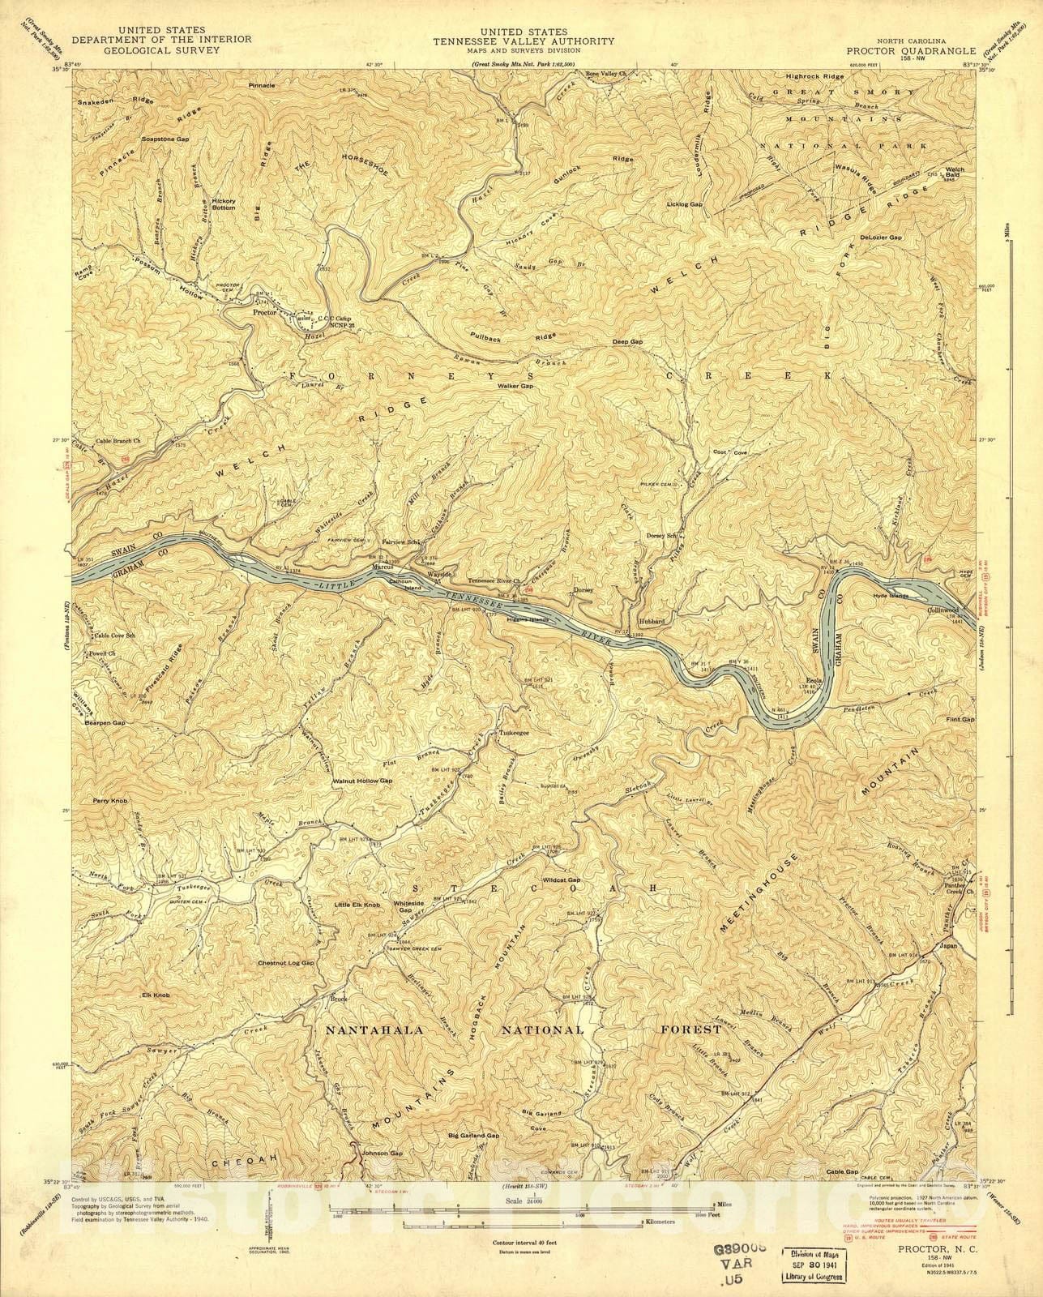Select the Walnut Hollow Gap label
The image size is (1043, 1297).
[362, 781]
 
